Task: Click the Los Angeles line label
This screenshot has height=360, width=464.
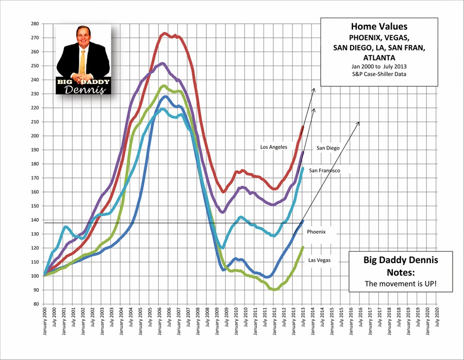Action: (x=274, y=147)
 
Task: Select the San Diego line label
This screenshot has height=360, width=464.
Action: (x=328, y=148)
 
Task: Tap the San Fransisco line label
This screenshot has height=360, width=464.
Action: (x=324, y=170)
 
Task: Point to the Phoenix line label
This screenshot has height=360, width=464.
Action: (x=317, y=232)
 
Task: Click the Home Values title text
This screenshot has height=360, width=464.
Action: (x=379, y=26)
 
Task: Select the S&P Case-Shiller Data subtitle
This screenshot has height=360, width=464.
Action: (x=379, y=75)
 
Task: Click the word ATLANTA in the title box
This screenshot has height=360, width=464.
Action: (x=379, y=57)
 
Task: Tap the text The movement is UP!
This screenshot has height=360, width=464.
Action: (x=393, y=284)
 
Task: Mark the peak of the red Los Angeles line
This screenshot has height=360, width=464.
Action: (x=164, y=34)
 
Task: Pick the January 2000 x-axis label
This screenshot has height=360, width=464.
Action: (x=44, y=324)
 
